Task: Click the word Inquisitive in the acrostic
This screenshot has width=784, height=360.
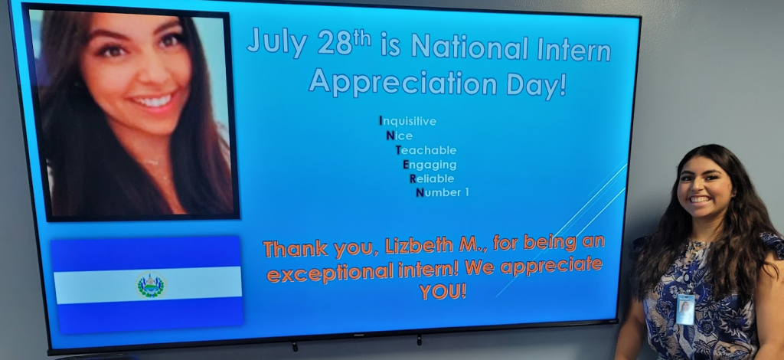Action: (x=408, y=122)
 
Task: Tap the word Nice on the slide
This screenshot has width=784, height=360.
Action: (x=400, y=136)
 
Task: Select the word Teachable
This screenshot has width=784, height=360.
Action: (x=426, y=150)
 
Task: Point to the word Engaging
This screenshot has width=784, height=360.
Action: (x=430, y=165)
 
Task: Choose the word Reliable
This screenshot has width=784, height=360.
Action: (x=432, y=178)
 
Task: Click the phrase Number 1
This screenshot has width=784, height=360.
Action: (x=443, y=192)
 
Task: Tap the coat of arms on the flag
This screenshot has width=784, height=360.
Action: (x=151, y=286)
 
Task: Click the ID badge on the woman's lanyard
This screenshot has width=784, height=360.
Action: (x=685, y=309)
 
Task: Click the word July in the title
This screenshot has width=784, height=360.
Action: (x=276, y=42)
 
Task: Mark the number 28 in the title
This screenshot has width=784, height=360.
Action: (x=335, y=44)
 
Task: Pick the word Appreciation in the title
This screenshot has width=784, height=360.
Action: (x=403, y=83)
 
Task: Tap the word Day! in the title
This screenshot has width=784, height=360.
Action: (x=537, y=83)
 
